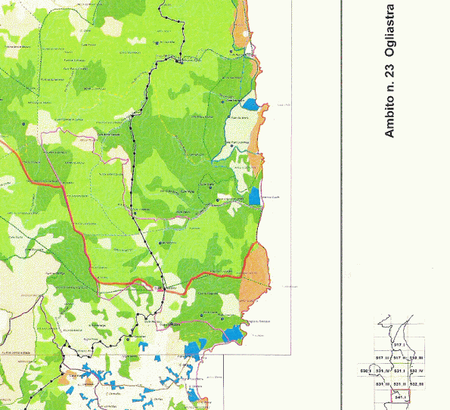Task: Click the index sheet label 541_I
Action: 401,396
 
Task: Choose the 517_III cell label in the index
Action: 382,357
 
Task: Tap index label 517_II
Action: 400,357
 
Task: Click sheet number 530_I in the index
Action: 365,371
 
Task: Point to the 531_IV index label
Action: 382,371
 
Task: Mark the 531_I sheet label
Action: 400,371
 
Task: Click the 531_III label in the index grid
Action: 382,384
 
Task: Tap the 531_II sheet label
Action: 400,384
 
